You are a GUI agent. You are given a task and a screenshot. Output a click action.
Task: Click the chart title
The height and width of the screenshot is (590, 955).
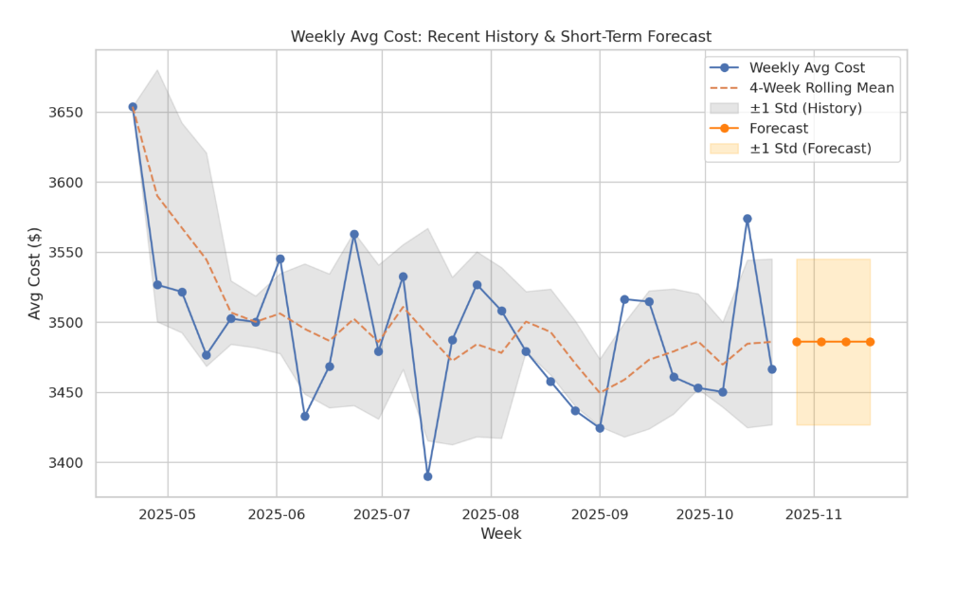click(500, 37)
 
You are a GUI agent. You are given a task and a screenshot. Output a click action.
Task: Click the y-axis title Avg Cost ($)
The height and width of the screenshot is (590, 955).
click(35, 274)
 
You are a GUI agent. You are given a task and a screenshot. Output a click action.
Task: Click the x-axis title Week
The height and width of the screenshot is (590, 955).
click(500, 534)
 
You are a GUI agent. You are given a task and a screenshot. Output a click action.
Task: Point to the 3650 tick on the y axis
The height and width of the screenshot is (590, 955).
click(65, 113)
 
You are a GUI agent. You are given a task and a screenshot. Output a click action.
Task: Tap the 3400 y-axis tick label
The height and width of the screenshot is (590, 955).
click(65, 463)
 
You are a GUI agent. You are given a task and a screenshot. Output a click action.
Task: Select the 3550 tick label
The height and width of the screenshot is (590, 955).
click(65, 253)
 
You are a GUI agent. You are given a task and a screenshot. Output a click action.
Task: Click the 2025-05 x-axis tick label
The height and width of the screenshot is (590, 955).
click(168, 515)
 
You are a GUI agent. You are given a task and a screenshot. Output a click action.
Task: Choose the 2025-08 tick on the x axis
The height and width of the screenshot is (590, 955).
click(491, 515)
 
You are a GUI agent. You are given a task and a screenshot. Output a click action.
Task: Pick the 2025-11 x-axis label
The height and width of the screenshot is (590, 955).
click(814, 515)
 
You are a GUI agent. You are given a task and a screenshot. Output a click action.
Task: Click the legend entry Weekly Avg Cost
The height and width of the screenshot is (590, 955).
click(820, 67)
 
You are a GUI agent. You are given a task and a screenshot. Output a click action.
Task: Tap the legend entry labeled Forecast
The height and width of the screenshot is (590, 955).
click(778, 129)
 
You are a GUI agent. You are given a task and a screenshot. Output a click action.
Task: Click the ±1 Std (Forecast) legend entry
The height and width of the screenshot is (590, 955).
click(810, 149)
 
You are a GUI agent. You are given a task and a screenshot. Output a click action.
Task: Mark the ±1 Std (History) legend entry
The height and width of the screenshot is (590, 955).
click(805, 108)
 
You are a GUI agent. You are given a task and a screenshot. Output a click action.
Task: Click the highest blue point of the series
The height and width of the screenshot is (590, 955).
click(133, 107)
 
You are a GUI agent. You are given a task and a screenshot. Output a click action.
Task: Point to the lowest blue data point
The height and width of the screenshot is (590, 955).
click(427, 476)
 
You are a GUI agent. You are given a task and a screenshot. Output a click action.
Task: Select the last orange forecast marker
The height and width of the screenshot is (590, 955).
click(870, 342)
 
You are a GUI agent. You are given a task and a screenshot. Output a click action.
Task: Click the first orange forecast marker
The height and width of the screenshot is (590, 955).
click(797, 342)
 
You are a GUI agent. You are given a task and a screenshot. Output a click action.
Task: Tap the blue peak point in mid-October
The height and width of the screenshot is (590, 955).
click(748, 219)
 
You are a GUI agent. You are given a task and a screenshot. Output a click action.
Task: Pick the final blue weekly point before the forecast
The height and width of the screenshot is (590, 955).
click(772, 369)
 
